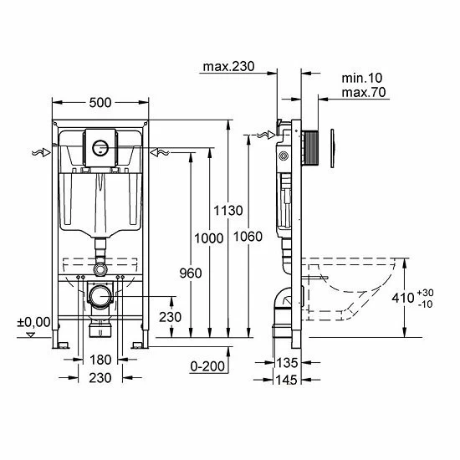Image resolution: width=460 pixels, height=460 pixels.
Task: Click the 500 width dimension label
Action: coord(100,103)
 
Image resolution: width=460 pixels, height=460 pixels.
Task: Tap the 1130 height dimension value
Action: coord(228,211)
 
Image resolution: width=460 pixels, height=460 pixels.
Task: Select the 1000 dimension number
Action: coord(209,238)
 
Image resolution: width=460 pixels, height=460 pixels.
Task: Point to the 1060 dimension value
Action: coord(248,237)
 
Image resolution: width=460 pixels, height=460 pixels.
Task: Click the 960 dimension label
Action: coord(191,273)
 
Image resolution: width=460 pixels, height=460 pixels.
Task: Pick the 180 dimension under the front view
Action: coord(100,360)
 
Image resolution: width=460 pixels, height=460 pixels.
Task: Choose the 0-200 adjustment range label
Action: coord(207,366)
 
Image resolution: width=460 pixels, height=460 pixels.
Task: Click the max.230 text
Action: coord(229,67)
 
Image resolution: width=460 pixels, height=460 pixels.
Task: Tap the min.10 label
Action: coord(362,78)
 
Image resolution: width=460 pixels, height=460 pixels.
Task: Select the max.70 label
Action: coord(364,92)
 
